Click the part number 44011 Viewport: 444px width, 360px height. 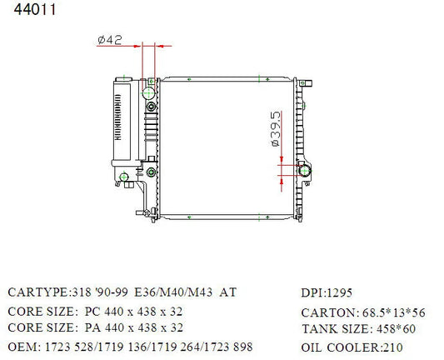(35, 9)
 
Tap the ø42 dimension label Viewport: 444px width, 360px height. (110, 40)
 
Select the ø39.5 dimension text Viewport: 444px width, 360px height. (276, 129)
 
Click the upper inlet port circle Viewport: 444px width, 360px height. (148, 92)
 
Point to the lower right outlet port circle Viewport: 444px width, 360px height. (305, 171)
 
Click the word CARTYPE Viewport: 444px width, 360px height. (37, 292)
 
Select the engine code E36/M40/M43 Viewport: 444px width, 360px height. (173, 292)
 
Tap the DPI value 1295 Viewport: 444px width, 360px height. (340, 292)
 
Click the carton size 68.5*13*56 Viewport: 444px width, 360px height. (393, 312)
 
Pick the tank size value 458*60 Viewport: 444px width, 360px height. (396, 329)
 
